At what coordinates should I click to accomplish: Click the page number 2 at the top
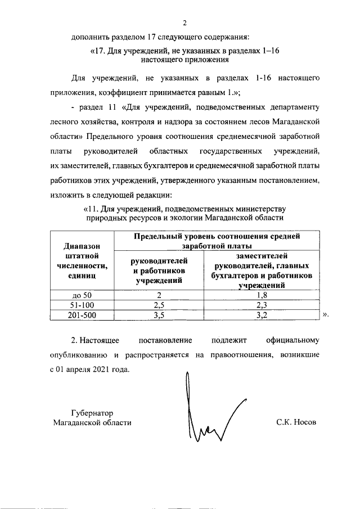[184, 23]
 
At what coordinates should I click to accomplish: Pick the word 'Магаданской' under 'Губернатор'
[75, 422]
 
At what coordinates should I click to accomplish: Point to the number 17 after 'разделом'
[150, 38]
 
